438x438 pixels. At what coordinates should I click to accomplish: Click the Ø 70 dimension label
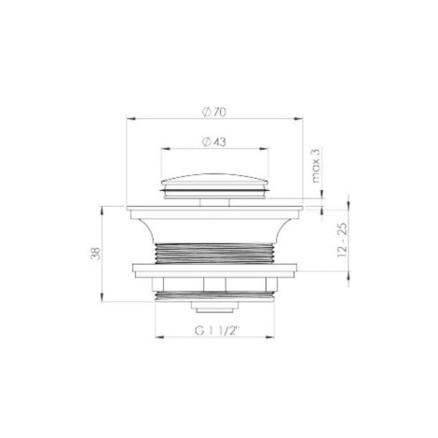(214, 112)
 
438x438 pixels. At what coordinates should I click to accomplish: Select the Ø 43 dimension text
(214, 143)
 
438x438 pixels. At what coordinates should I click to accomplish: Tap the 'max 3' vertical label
(315, 166)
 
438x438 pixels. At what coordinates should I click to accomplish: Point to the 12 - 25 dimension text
(342, 240)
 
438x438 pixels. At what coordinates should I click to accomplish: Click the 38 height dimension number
(96, 253)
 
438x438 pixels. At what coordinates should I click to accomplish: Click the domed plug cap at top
(214, 181)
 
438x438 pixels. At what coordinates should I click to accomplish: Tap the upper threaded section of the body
(214, 253)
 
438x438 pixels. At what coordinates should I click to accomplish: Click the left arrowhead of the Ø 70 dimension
(130, 118)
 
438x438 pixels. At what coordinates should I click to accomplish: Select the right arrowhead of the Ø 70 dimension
(298, 118)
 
